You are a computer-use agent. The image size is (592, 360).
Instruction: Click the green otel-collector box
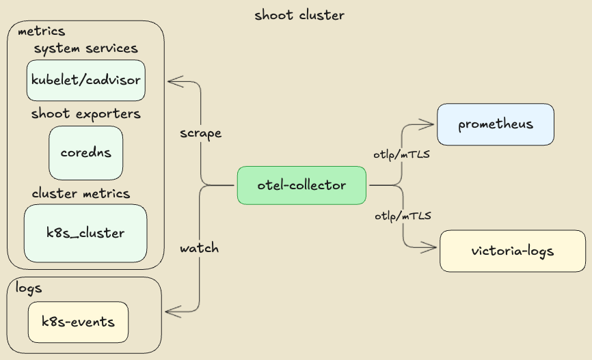[x=301, y=185]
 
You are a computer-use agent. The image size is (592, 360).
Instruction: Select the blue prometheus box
[x=495, y=124]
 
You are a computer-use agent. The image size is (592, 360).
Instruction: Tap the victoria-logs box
[x=512, y=251]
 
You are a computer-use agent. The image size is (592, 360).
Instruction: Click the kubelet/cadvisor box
[x=86, y=81]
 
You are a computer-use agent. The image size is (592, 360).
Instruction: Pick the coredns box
[x=86, y=153]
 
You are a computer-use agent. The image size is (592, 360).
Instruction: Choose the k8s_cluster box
[x=86, y=233]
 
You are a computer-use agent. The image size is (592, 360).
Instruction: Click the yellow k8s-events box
[x=78, y=322]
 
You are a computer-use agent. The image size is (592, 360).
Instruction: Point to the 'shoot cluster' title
[x=299, y=15]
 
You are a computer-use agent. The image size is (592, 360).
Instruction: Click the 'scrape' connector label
[x=200, y=133]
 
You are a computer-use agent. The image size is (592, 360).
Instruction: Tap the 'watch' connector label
[x=199, y=248]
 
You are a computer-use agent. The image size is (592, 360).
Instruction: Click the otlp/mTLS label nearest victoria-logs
[x=403, y=216]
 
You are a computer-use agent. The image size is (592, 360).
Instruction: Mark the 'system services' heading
[x=86, y=49]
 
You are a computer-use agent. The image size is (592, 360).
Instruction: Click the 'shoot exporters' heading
[x=86, y=113]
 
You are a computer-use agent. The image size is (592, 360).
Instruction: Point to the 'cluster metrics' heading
[x=81, y=193]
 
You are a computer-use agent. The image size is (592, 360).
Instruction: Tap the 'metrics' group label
[x=41, y=31]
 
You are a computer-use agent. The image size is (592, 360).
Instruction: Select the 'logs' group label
[x=29, y=288]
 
